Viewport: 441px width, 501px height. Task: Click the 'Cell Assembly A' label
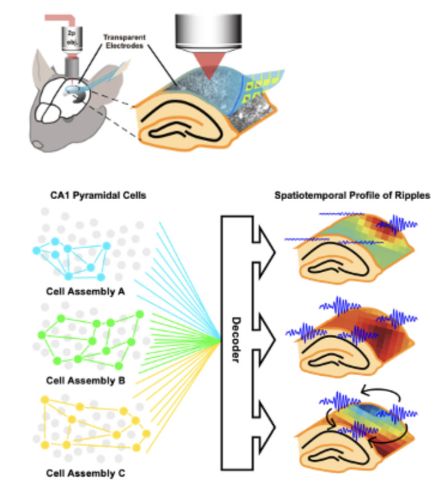click(85, 290)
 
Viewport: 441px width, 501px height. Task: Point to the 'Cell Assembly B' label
click(85, 379)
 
